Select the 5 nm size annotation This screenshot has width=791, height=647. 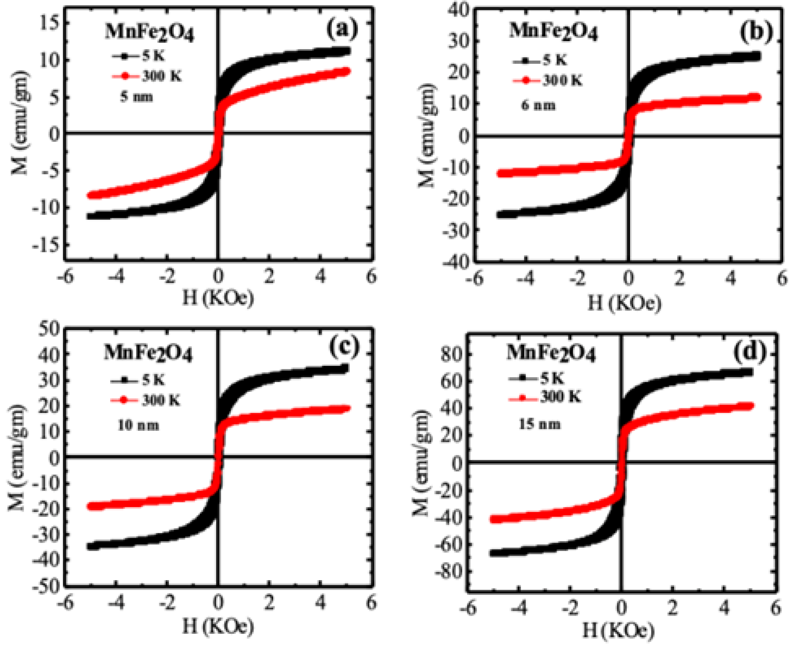[x=137, y=97]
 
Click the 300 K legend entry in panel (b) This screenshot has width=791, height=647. [x=547, y=80]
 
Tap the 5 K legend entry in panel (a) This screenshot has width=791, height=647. [x=138, y=56]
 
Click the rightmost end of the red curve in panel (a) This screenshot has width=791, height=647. [x=347, y=71]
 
